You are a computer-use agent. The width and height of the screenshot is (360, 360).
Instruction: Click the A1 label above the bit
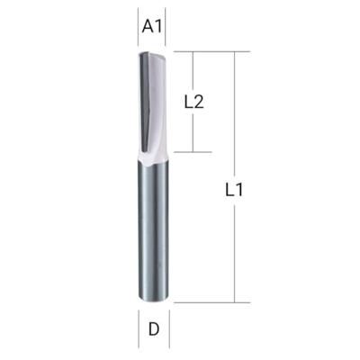pos(152,27)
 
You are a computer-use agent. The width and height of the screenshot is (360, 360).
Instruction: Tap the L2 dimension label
pos(193,103)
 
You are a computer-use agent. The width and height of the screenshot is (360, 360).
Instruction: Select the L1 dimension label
pos(234,190)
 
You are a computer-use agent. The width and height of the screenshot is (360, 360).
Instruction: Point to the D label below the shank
pos(154,330)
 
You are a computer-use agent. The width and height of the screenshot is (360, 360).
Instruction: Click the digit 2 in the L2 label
pos(199,103)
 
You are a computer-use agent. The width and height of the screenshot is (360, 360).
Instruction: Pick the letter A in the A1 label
pos(148,27)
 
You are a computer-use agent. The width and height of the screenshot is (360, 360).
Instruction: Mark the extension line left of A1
pos(138,27)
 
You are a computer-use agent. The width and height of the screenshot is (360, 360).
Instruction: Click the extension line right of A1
pos(166,27)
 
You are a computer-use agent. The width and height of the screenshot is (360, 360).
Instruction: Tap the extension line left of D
pos(139,329)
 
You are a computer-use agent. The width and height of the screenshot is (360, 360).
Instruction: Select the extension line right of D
pos(169,329)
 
